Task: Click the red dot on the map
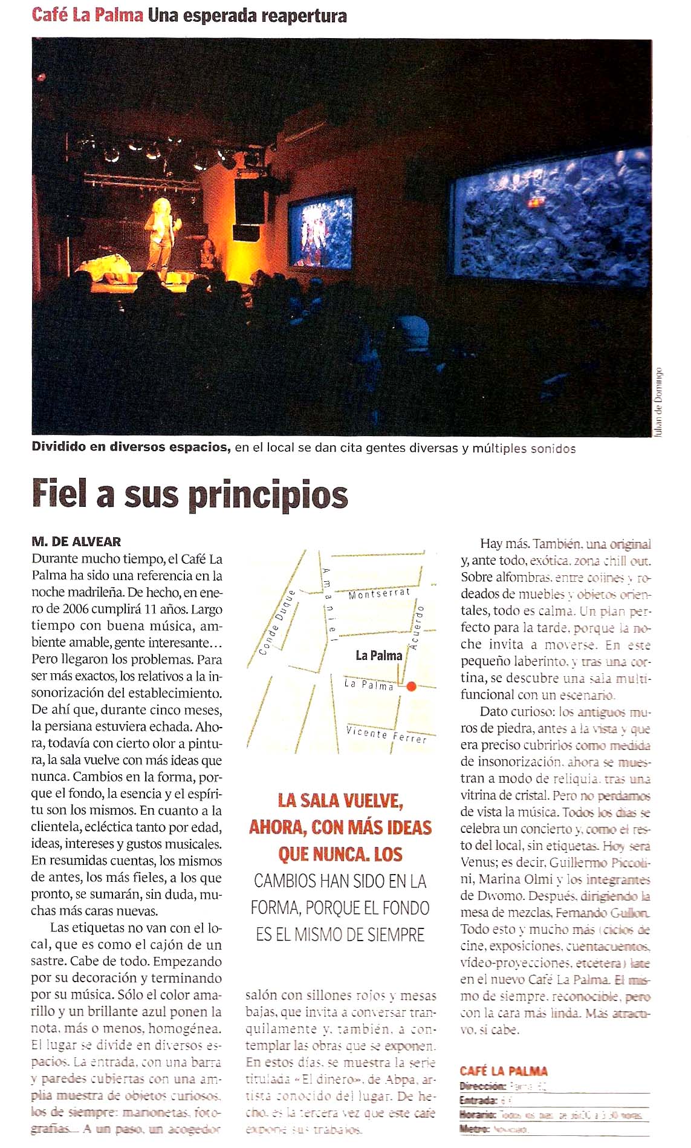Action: pos(411,686)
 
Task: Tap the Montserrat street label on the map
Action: pos(379,594)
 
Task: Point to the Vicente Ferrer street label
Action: pos(386,734)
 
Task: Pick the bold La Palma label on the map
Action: pos(378,655)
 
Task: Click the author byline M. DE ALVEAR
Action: pos(76,541)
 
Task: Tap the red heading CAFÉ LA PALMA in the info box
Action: pos(503,1071)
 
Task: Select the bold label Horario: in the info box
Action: pos(478,1115)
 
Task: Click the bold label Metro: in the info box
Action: pos(475,1129)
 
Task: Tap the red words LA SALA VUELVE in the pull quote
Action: pos(340,801)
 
